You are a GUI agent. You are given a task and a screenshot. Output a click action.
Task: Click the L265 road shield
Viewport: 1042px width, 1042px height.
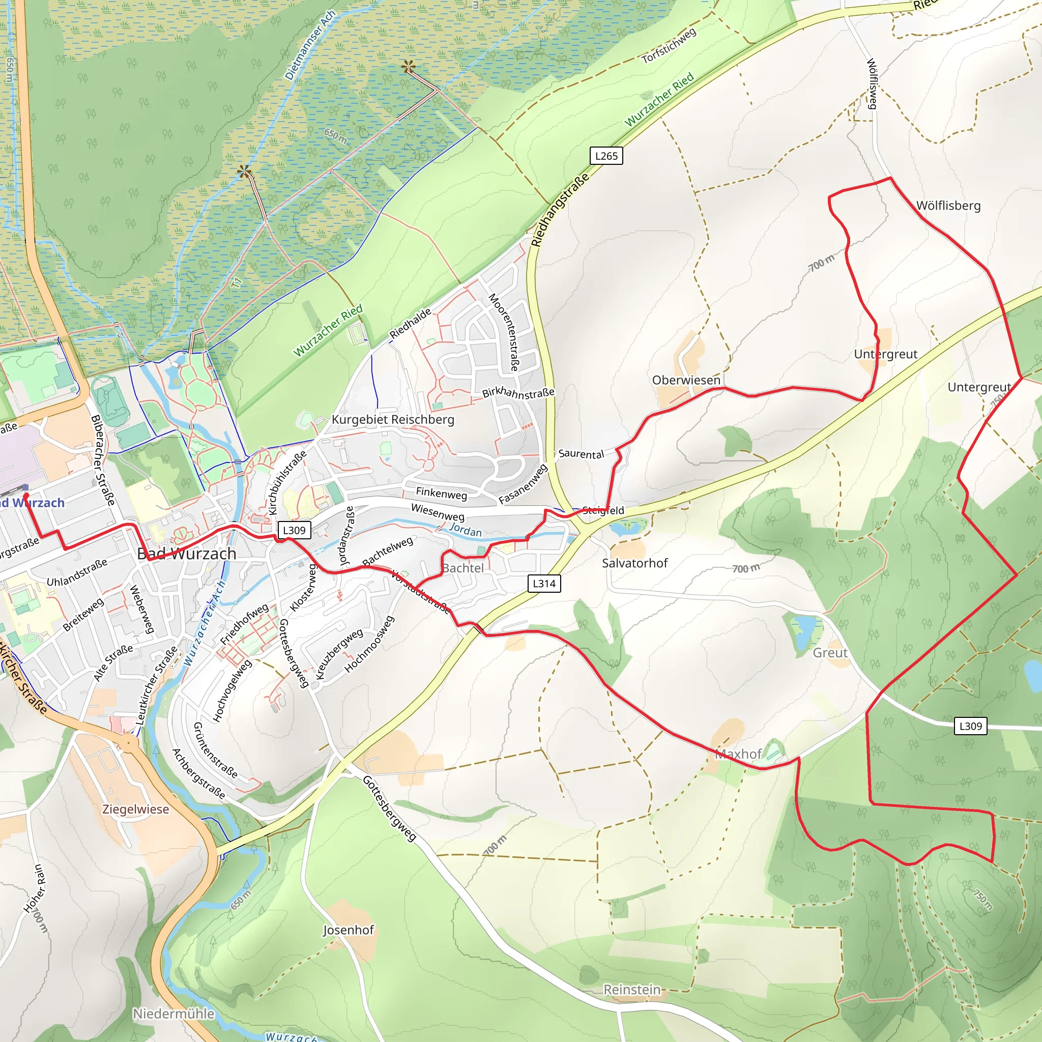pyautogui.click(x=606, y=156)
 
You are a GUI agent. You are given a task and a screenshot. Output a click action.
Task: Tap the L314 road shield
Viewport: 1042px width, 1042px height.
pyautogui.click(x=544, y=583)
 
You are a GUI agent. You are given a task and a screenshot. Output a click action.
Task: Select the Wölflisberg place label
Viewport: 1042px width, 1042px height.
pyautogui.click(x=948, y=206)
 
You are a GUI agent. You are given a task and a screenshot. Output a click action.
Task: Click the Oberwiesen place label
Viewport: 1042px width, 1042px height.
pyautogui.click(x=686, y=380)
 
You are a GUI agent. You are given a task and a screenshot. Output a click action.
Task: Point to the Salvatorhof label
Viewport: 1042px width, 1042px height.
pyautogui.click(x=635, y=563)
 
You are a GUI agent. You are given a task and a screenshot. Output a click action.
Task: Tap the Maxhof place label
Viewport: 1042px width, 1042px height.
pyautogui.click(x=738, y=754)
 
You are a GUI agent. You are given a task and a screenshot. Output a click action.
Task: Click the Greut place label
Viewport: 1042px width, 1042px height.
pyautogui.click(x=830, y=653)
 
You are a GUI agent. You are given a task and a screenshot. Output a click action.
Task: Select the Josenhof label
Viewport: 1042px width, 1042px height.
pyautogui.click(x=349, y=930)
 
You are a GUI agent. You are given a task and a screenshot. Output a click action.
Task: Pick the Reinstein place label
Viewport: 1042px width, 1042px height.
pyautogui.click(x=631, y=990)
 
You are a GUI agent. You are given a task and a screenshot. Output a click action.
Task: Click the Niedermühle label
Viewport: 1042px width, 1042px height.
pyautogui.click(x=173, y=1014)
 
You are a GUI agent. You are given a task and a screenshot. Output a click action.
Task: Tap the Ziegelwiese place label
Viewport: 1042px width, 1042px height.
pyautogui.click(x=136, y=809)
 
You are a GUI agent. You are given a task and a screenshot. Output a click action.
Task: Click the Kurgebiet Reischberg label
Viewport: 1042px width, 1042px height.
pyautogui.click(x=393, y=420)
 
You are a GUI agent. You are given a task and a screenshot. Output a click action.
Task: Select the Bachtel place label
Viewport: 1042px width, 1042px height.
pyautogui.click(x=463, y=568)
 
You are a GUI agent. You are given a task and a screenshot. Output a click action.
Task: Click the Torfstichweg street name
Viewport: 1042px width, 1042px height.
pyautogui.click(x=669, y=45)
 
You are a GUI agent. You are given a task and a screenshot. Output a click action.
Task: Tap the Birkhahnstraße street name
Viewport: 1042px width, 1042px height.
pyautogui.click(x=518, y=393)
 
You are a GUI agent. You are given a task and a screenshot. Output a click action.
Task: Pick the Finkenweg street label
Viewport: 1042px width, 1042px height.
pyautogui.click(x=441, y=493)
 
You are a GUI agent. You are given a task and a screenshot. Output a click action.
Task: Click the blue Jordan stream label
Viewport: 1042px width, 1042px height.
pyautogui.click(x=466, y=531)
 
